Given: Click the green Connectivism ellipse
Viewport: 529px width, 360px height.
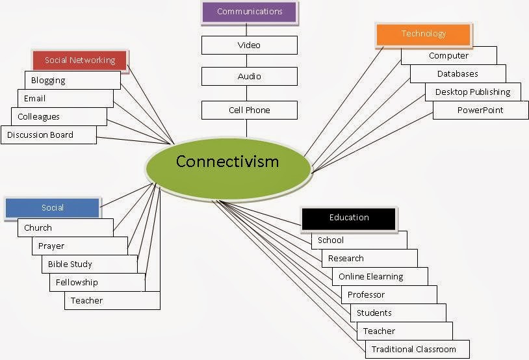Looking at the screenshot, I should click(227, 161).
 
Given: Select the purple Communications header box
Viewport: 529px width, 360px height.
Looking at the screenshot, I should click(250, 12).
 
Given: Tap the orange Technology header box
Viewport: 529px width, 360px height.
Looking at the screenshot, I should click(423, 34).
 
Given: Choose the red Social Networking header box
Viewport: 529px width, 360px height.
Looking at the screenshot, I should click(80, 60).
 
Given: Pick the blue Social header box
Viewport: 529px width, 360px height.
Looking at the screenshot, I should click(53, 208).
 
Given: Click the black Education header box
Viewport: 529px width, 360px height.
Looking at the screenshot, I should click(349, 218).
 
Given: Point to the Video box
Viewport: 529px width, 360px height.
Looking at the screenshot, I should click(249, 45).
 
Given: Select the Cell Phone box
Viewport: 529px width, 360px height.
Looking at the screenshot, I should click(249, 110).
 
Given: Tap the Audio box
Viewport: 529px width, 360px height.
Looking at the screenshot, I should click(249, 76).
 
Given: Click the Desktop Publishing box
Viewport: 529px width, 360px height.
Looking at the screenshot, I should click(472, 92).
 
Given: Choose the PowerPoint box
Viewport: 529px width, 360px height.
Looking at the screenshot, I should click(480, 110).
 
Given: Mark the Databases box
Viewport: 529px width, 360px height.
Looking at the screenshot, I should click(458, 74).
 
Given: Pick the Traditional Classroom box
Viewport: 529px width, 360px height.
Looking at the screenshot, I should click(413, 350).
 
